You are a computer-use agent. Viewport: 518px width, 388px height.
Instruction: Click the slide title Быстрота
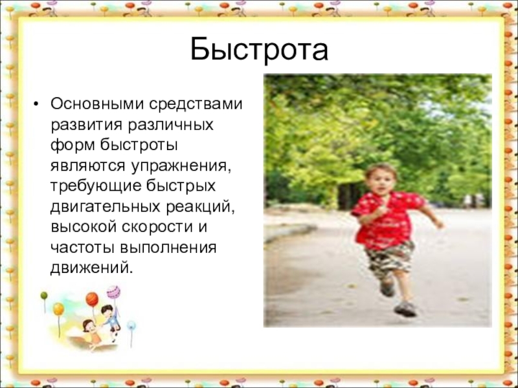pyautogui.click(x=259, y=50)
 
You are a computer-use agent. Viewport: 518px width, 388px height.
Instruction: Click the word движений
pyautogui.click(x=89, y=268)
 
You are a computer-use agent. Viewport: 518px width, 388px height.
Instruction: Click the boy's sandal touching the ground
pyautogui.click(x=405, y=308)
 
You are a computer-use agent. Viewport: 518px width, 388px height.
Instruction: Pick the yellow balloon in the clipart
pyautogui.click(x=58, y=309)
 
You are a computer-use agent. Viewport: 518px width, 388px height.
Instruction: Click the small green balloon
pyautogui.click(x=44, y=296)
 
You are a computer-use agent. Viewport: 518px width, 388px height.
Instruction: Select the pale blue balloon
pyautogui.click(x=131, y=325)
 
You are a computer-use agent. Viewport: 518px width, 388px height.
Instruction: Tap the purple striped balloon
pyautogui.click(x=113, y=292)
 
